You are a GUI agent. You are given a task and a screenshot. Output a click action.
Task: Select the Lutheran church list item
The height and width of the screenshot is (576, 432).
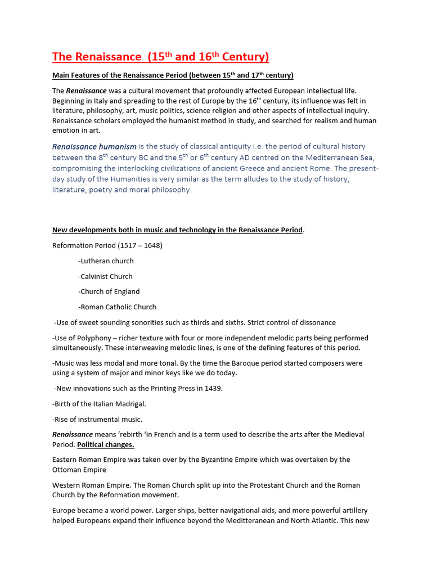coord(107,261)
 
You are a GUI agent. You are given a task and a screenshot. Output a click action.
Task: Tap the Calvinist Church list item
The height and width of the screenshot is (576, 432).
coord(106,276)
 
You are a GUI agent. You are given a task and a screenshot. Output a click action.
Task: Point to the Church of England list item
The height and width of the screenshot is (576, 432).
coord(110,291)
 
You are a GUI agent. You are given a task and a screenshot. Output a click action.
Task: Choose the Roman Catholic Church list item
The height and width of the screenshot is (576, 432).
coord(118,307)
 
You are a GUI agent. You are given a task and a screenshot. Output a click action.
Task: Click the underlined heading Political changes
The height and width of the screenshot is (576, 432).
coord(106,444)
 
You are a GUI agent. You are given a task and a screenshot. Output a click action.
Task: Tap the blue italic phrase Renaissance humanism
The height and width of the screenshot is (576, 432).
coord(94,147)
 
